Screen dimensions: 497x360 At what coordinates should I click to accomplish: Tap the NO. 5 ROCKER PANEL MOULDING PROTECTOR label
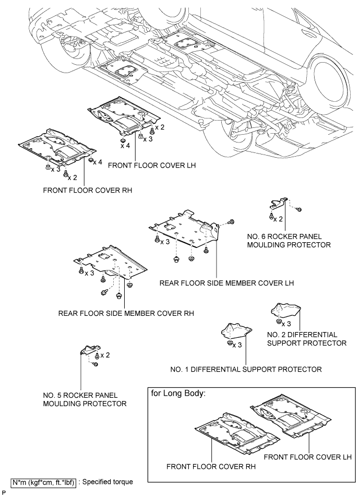(x=85, y=399)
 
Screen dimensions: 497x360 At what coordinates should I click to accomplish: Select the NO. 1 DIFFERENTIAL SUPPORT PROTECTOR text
(x=246, y=370)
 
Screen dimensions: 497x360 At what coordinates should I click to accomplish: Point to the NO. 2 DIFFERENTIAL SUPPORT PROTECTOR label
(x=306, y=339)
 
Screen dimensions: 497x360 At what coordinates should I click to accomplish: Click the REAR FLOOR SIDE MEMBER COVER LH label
(x=227, y=283)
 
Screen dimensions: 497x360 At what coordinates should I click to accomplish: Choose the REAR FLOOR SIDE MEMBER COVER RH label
(x=126, y=314)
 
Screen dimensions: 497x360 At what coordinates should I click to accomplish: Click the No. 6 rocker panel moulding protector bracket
(x=278, y=202)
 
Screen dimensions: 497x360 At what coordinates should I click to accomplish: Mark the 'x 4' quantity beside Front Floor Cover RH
(x=97, y=162)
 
